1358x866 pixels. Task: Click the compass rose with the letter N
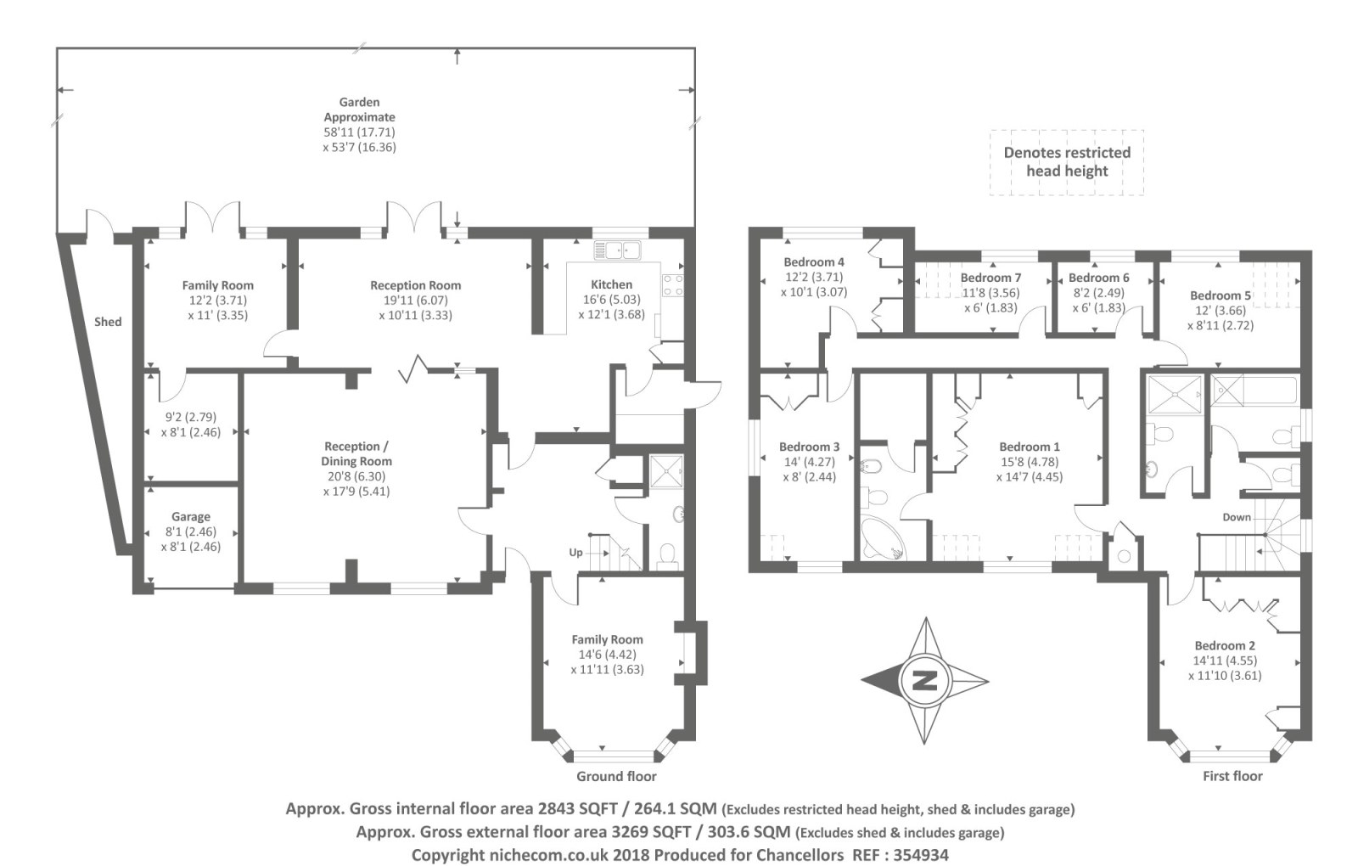pos(925,680)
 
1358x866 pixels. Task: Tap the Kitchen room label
pos(611,284)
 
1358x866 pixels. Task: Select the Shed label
pos(108,322)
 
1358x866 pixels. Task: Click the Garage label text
pos(190,516)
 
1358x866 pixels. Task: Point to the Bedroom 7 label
pos(990,278)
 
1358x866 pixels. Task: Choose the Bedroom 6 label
pos(1098,278)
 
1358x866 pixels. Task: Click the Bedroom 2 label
pos(1225,645)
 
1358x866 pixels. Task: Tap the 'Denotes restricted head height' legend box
pos(1067,162)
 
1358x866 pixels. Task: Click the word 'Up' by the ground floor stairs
pos(575,553)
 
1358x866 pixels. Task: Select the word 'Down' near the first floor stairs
pos(1236,517)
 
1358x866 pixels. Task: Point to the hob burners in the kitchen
pos(673,284)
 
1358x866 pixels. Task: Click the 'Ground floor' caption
pos(616,776)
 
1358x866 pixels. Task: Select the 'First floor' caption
pos(1232,776)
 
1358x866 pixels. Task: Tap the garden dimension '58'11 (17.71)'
pos(359,132)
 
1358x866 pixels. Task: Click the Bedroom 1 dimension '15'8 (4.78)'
pos(1029,462)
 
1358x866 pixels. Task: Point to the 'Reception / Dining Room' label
pos(356,453)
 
